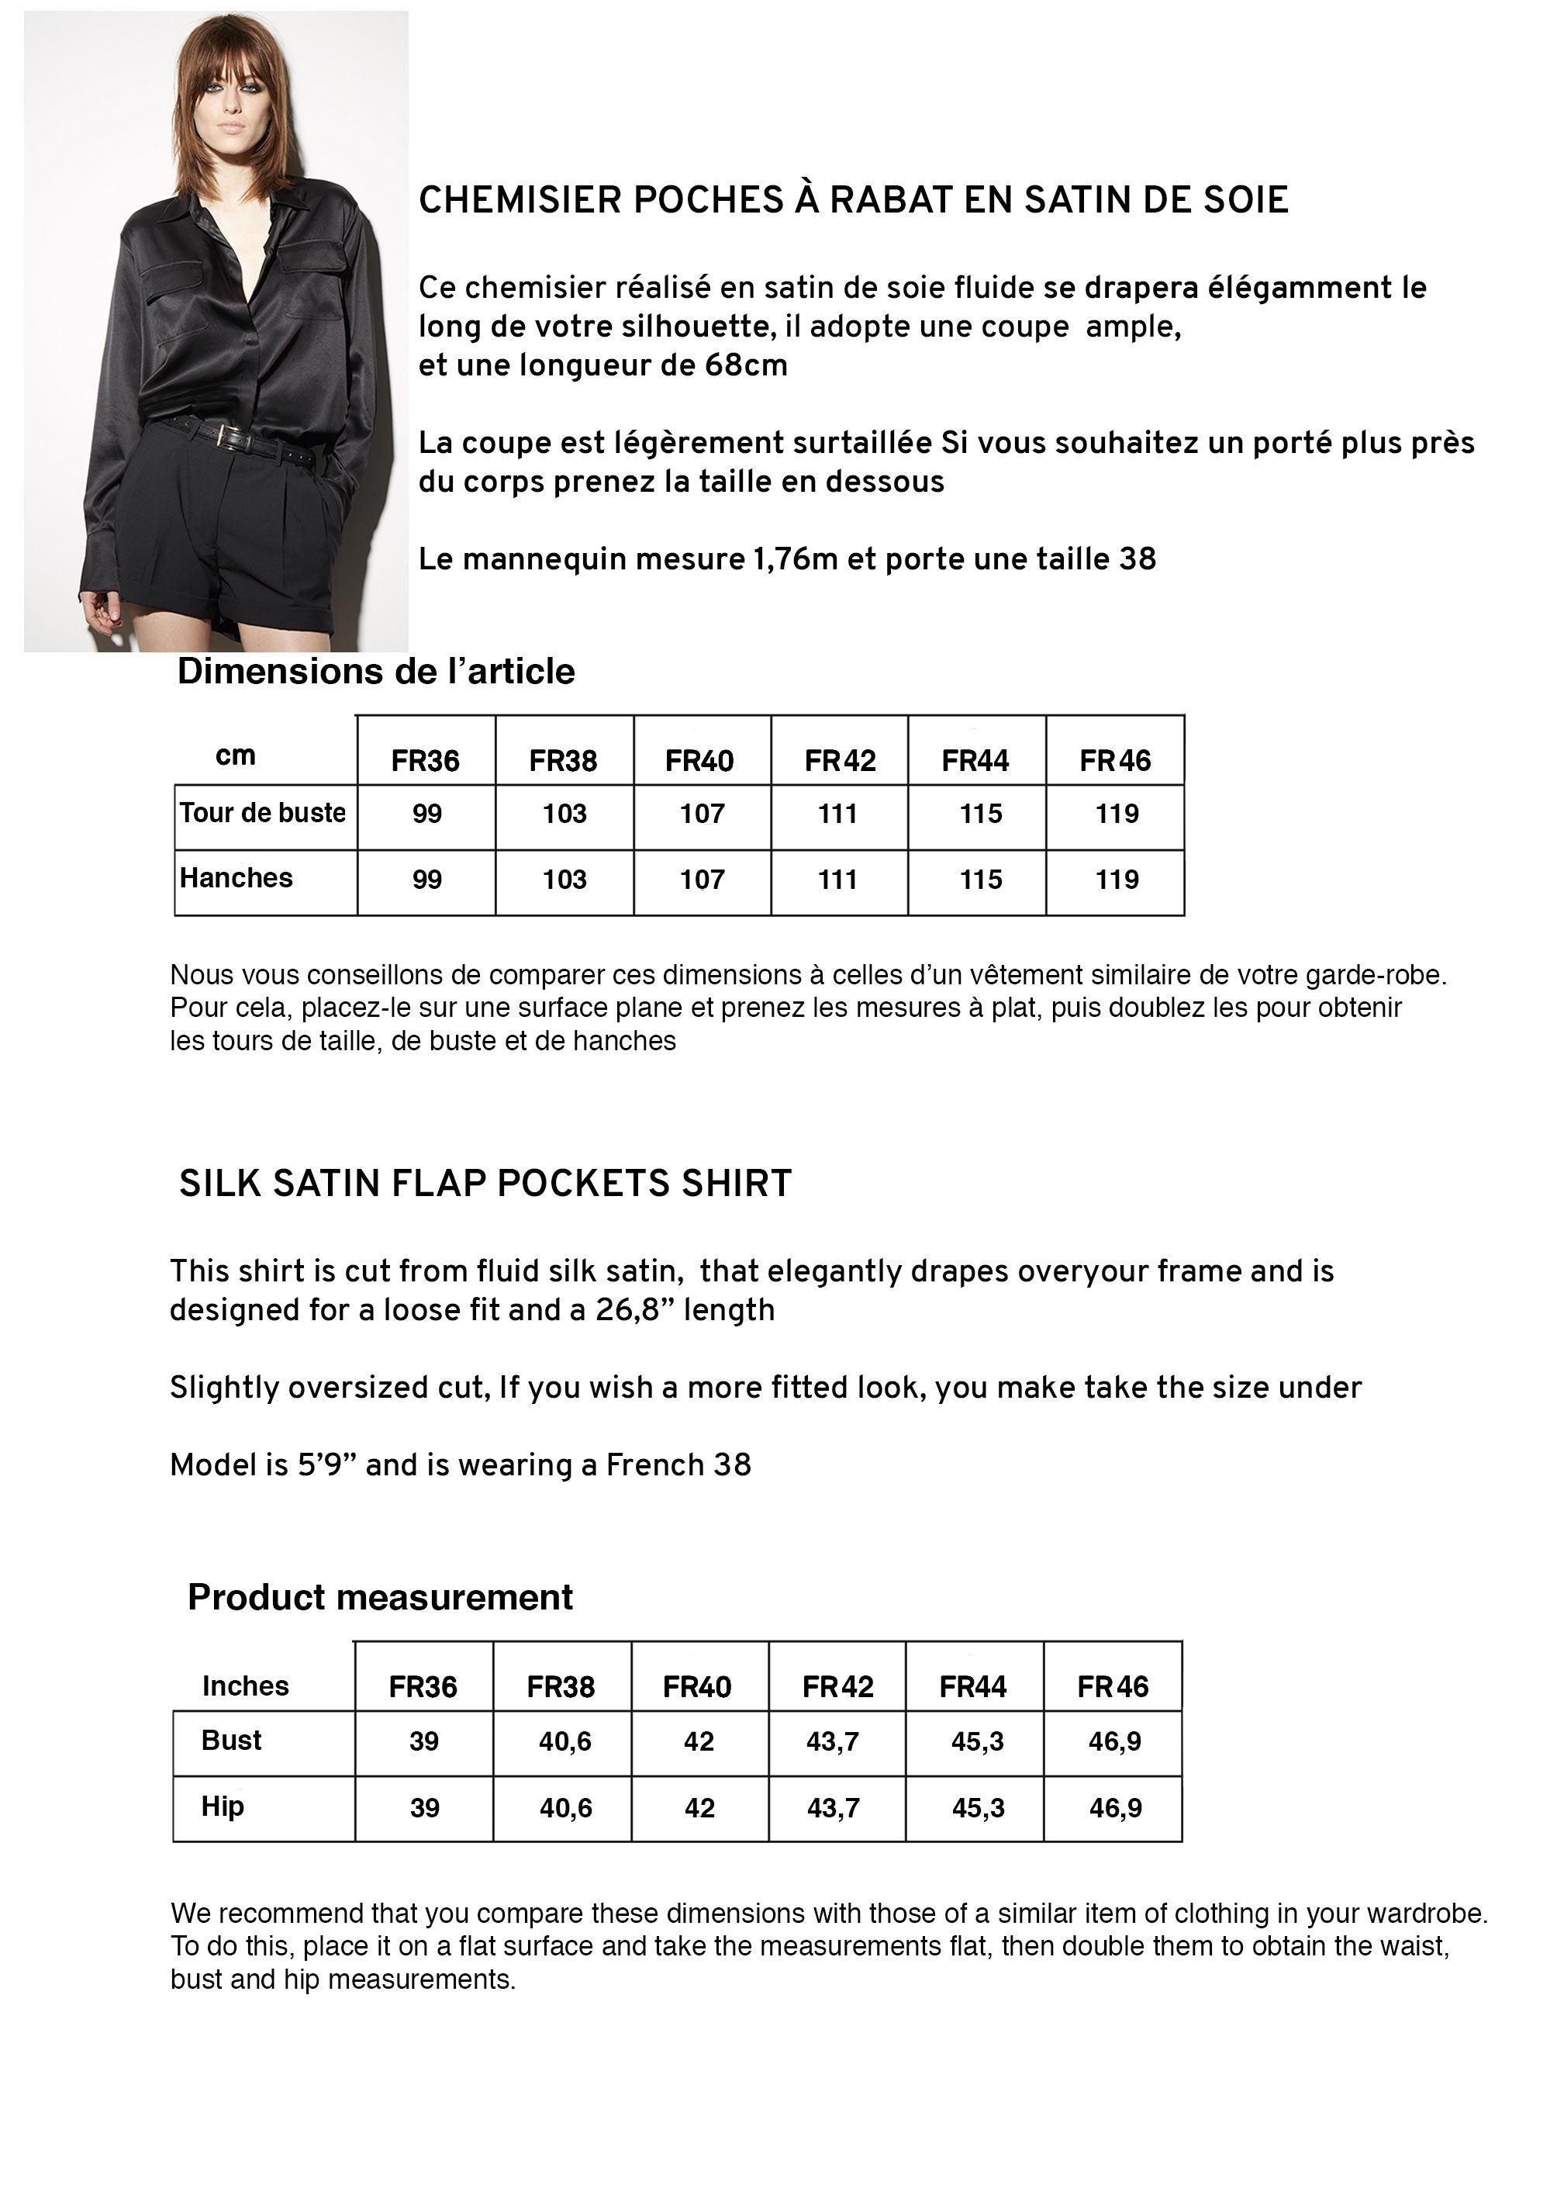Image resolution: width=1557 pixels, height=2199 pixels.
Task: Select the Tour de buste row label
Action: coord(262,813)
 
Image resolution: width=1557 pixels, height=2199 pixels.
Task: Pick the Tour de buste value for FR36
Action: coord(426,814)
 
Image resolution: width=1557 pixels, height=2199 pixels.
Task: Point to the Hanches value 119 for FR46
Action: coord(1117,880)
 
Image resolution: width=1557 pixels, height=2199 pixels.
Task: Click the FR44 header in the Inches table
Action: coord(973,1686)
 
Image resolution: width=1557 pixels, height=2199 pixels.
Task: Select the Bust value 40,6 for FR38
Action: coord(564,1741)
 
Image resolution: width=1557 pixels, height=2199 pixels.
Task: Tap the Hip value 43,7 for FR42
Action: coord(833,1808)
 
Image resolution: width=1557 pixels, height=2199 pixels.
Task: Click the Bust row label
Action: coord(231,1740)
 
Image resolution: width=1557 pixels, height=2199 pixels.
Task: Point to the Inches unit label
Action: coord(246,1685)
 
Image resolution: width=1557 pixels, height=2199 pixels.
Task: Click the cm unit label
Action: coord(235,755)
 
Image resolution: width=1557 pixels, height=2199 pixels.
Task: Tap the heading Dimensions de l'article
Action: coord(376,671)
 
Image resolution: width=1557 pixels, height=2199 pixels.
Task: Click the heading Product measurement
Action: coord(380,1597)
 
